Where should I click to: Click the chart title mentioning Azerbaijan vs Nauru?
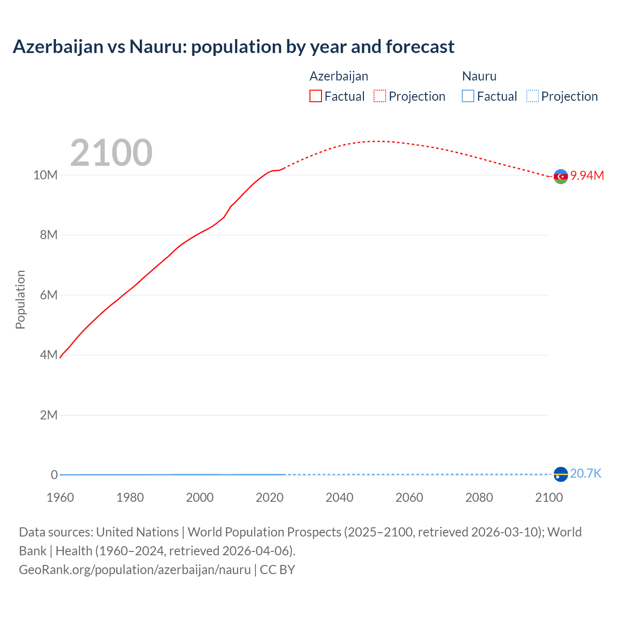coord(233,47)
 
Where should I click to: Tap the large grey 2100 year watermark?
coord(111,153)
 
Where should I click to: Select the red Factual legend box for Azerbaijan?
coord(316,96)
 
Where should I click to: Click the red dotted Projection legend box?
coord(380,96)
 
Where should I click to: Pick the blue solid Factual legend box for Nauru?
coord(468,96)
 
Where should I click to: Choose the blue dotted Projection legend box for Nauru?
coord(533,96)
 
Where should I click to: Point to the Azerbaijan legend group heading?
coord(339,76)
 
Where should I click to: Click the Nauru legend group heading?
coord(479,76)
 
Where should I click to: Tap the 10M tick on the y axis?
coord(45,175)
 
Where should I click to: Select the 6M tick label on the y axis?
coord(49,295)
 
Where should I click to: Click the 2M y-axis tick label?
coord(49,415)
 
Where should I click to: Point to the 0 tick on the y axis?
coord(54,475)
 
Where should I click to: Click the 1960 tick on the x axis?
coord(60,497)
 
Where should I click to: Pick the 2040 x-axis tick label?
coord(339,497)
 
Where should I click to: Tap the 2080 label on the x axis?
coord(479,497)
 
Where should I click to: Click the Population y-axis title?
coord(20,300)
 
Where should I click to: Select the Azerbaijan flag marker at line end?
coord(561,177)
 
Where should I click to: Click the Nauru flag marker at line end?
coord(561,475)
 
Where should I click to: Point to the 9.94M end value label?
coord(587,175)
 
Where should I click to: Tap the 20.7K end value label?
coord(586,473)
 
